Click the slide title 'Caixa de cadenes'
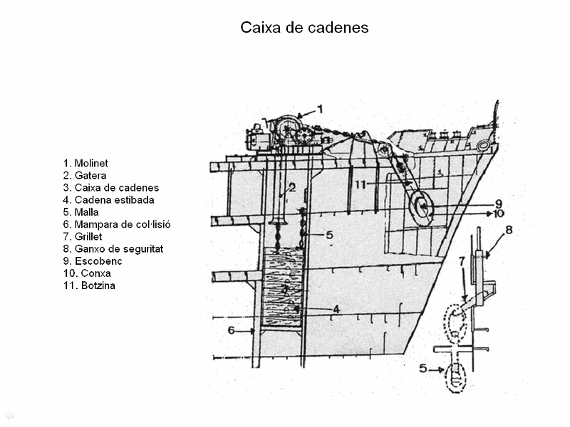click(x=304, y=28)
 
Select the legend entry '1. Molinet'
click(x=85, y=163)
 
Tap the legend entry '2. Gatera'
click(x=85, y=175)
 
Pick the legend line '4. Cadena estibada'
click(x=108, y=200)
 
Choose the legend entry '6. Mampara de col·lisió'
click(x=117, y=224)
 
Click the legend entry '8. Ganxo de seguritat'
click(x=113, y=248)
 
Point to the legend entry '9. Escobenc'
click(x=93, y=261)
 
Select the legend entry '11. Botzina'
click(x=89, y=285)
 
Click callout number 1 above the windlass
click(x=320, y=109)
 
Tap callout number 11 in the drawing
click(x=360, y=184)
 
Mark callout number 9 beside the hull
click(x=498, y=204)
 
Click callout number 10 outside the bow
click(x=498, y=213)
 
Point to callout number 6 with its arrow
click(x=231, y=330)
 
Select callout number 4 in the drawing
click(x=336, y=309)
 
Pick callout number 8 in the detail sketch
click(x=509, y=229)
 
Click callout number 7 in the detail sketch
click(x=462, y=261)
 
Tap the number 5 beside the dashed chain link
click(x=423, y=369)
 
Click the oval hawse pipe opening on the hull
click(x=421, y=208)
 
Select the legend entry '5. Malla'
click(x=81, y=212)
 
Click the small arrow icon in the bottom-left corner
click(x=9, y=416)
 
